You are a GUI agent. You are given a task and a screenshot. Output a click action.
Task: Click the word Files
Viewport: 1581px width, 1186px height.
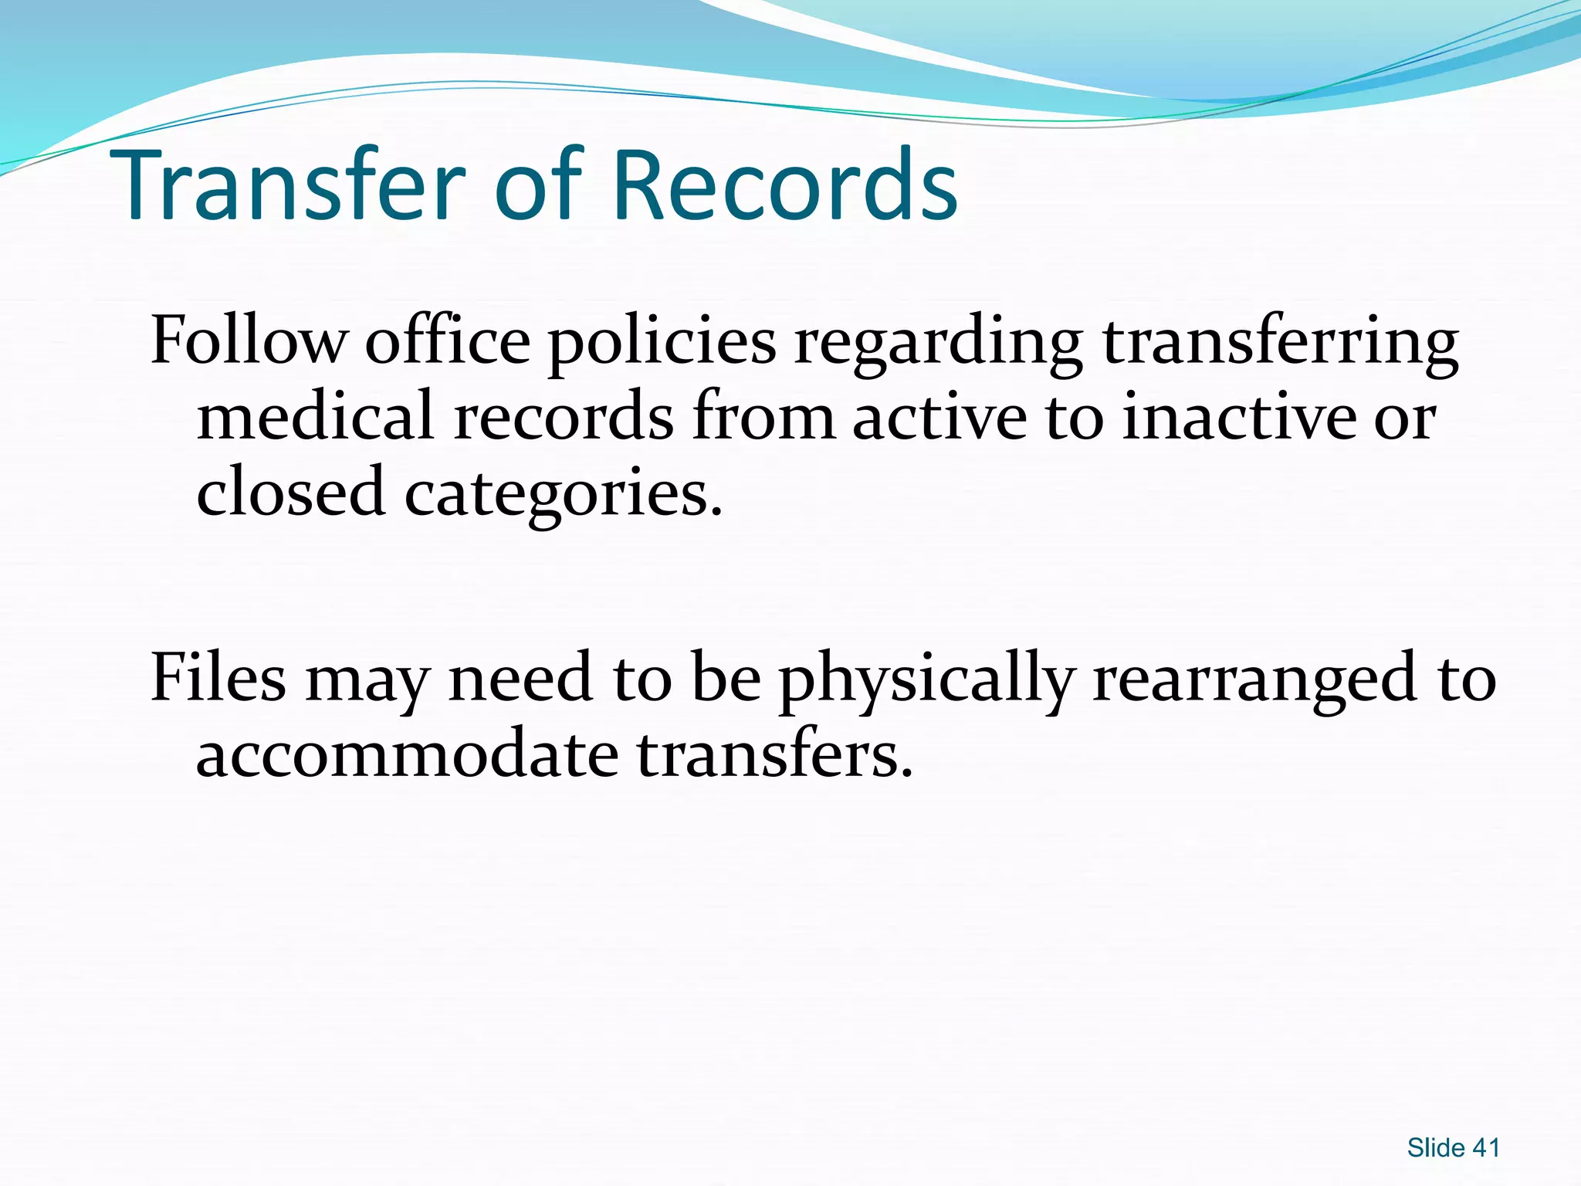click(x=218, y=677)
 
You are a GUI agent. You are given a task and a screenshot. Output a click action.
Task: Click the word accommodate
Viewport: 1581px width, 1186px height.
click(x=407, y=754)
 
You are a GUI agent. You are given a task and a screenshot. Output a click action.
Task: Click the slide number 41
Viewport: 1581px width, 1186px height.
click(x=1485, y=1148)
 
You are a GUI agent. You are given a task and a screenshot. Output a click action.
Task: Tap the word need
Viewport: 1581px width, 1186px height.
click(x=520, y=677)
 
